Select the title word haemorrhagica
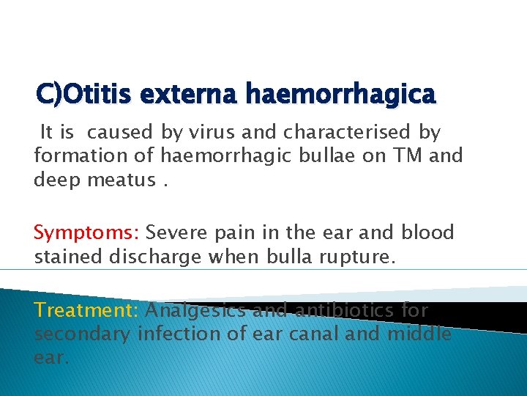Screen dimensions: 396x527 (340, 94)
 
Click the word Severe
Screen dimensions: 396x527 (176, 233)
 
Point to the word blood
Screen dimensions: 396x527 (427, 233)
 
